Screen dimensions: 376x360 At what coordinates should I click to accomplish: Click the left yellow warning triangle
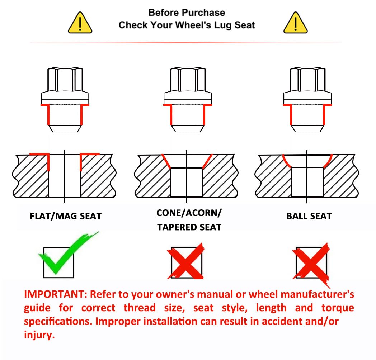click(80, 23)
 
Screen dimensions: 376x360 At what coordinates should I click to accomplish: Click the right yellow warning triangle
click(295, 23)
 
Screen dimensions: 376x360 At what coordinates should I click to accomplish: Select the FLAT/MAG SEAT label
click(66, 216)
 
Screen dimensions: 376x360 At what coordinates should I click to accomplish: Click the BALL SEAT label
click(309, 216)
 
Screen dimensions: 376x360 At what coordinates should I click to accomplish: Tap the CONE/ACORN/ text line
click(189, 213)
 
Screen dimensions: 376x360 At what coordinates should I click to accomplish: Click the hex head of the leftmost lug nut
click(65, 79)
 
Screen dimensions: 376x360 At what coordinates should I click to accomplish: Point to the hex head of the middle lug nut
click(188, 79)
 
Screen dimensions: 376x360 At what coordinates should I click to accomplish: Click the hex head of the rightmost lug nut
click(308, 79)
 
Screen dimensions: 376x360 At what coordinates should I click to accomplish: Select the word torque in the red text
click(338, 308)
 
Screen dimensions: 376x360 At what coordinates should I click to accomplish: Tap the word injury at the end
click(39, 335)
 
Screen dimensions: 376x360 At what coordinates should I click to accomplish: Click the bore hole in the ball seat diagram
click(307, 182)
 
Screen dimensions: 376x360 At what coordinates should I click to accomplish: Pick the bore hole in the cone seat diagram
click(186, 182)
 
